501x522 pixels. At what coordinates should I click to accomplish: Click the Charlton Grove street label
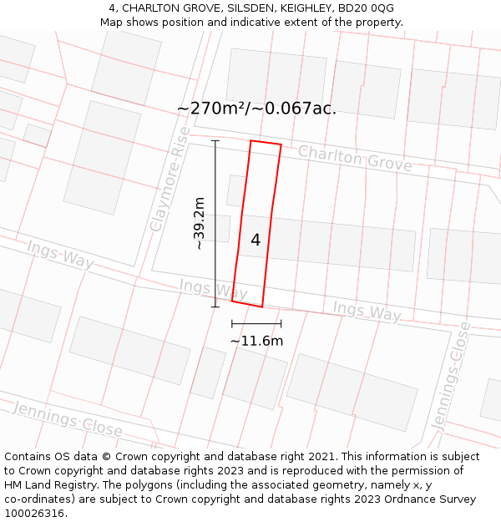point(355,158)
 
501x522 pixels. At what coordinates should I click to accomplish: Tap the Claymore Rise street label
point(170,180)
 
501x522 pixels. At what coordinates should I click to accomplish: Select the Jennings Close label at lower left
point(68,418)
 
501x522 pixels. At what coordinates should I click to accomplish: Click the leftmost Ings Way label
point(59,254)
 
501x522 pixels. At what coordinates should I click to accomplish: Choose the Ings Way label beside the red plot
point(213,289)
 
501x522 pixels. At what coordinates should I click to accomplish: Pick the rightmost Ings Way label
point(367,311)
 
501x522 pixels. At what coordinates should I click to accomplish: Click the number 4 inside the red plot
point(256,241)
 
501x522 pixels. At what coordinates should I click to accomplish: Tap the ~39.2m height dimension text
point(199,223)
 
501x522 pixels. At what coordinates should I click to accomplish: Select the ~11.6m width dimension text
point(256,341)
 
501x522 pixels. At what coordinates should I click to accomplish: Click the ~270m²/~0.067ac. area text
point(256,109)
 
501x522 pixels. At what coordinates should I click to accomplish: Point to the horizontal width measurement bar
point(256,323)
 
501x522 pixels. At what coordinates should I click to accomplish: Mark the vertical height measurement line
point(215,223)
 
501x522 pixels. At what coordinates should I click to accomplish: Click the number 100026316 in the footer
point(33,514)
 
